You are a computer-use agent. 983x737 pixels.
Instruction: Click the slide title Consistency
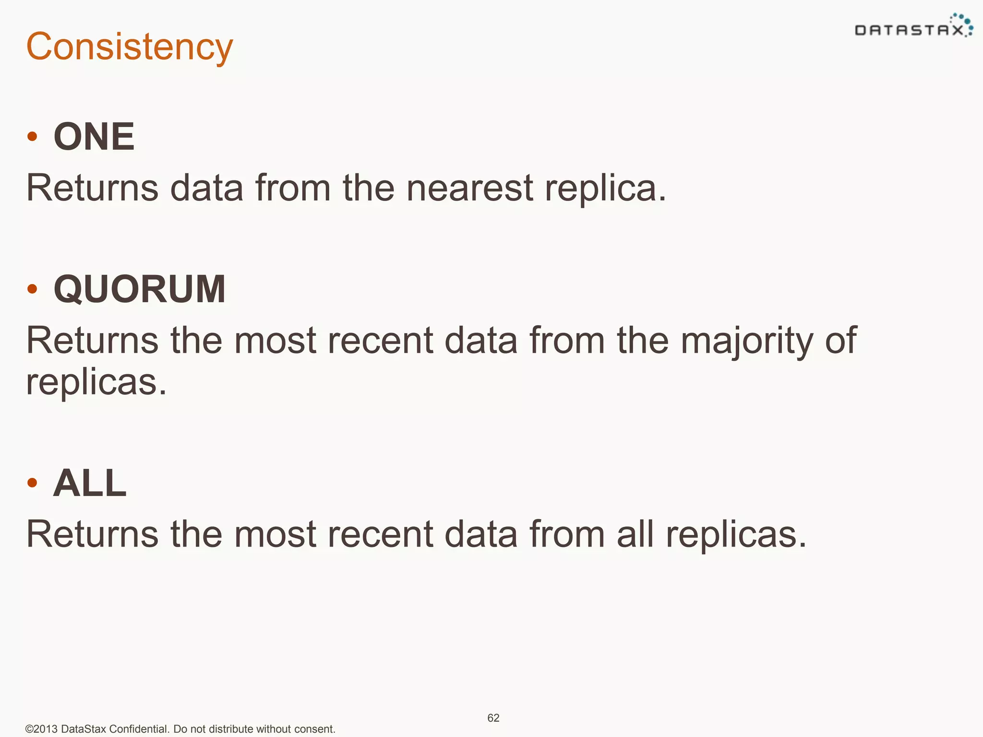point(129,47)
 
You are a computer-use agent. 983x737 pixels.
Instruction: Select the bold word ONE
point(94,137)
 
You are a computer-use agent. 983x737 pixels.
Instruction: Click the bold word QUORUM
point(140,289)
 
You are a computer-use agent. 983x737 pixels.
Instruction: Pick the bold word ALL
point(90,483)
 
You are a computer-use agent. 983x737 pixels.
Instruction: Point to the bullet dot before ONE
point(32,137)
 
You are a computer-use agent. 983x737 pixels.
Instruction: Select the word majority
point(747,341)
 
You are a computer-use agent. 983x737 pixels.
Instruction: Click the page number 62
point(493,718)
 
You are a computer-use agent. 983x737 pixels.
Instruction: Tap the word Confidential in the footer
point(138,729)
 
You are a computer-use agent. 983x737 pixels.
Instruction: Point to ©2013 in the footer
point(41,729)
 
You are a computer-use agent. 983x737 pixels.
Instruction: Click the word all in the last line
point(635,534)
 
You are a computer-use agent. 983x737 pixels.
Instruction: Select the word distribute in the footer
point(231,729)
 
